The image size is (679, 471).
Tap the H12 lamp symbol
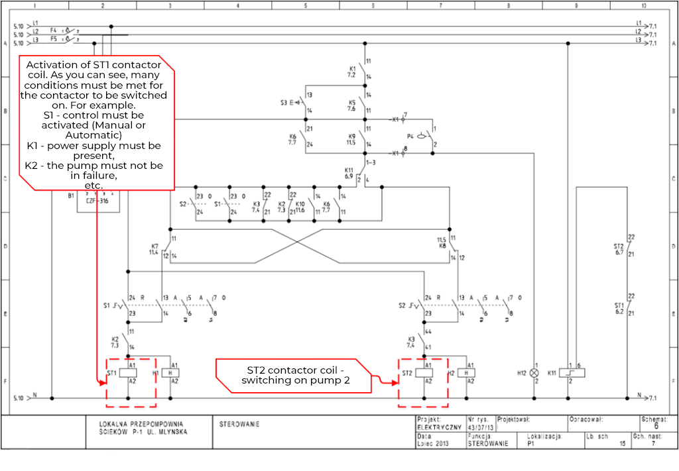tap(534, 374)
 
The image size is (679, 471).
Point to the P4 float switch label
tap(410, 136)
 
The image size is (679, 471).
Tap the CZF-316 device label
tap(97, 200)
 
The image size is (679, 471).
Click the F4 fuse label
tap(54, 30)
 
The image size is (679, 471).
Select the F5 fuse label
tap(54, 39)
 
